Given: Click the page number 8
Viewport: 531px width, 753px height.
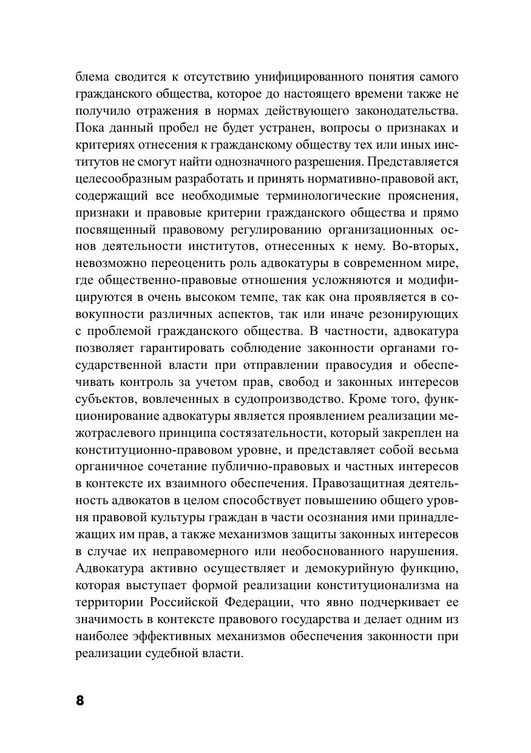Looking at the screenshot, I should click(80, 700).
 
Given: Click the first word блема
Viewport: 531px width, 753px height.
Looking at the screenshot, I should click(93, 77).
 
